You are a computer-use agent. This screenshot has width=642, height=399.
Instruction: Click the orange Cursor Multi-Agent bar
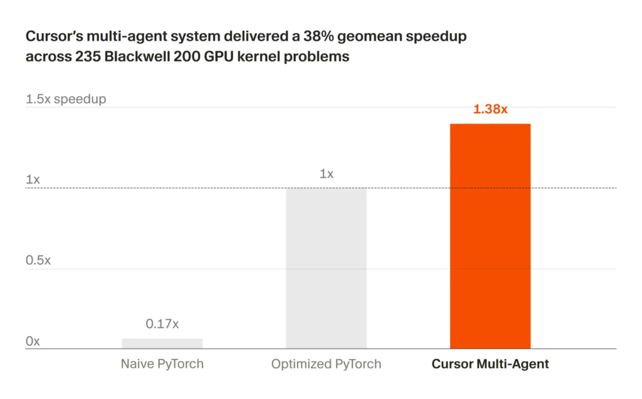[490, 236]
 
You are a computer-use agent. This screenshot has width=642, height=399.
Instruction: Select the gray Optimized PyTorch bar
[326, 267]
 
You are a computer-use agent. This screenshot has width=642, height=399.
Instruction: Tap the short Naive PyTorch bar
[162, 343]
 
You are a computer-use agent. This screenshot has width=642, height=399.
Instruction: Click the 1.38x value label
[490, 109]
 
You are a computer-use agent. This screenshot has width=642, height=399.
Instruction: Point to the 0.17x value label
[162, 324]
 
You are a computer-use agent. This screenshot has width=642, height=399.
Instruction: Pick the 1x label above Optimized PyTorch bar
[326, 174]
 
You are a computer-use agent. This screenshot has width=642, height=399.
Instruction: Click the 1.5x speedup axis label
[66, 99]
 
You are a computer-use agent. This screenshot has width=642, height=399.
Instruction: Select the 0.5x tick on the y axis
[38, 261]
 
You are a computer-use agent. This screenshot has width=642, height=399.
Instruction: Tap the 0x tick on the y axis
[33, 341]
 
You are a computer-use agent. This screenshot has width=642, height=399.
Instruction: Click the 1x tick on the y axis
[33, 180]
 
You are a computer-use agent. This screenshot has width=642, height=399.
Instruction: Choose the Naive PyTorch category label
[162, 364]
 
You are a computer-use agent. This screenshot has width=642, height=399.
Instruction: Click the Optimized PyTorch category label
[326, 364]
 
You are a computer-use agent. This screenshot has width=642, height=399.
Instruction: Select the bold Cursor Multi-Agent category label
[490, 364]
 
